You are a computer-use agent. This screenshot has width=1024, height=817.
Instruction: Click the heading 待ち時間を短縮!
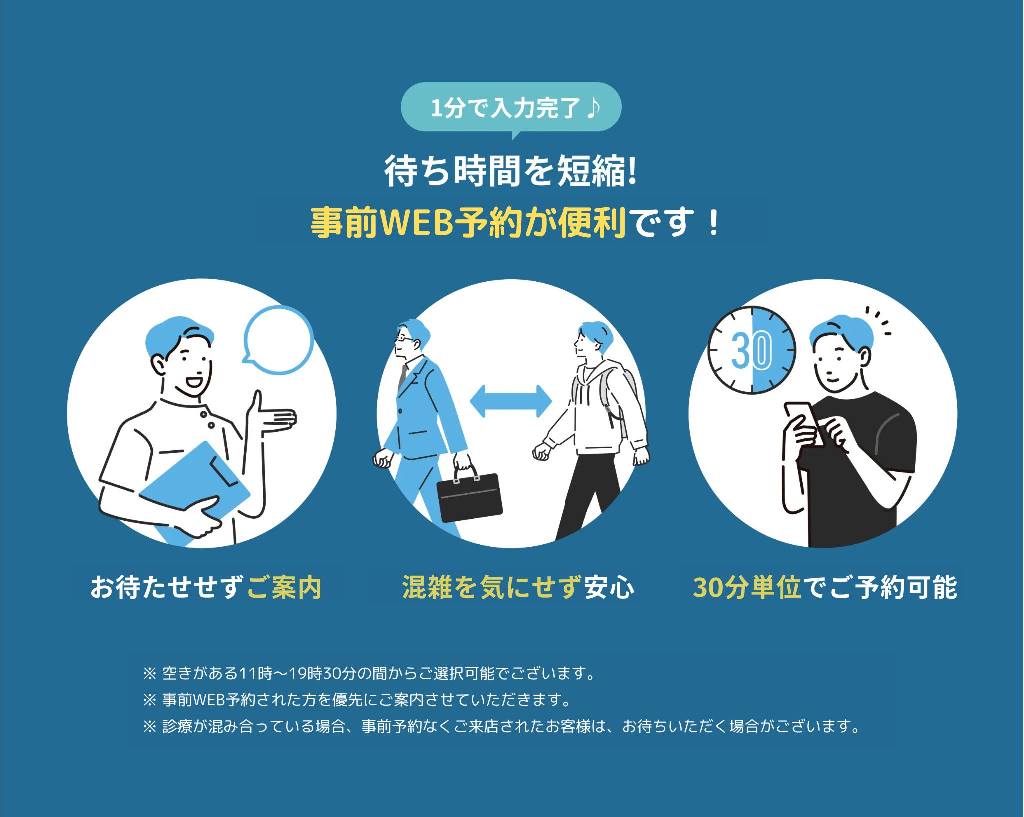pyautogui.click(x=511, y=171)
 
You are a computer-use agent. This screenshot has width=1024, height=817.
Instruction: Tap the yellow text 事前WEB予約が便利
pyautogui.click(x=468, y=223)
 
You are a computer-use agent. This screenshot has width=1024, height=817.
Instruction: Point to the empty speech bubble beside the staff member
pyautogui.click(x=279, y=340)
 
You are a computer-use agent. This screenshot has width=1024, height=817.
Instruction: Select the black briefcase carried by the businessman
pyautogui.click(x=469, y=498)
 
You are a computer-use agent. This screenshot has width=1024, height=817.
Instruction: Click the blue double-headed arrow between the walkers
pyautogui.click(x=511, y=401)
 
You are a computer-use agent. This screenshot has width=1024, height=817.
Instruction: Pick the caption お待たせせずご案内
pyautogui.click(x=205, y=587)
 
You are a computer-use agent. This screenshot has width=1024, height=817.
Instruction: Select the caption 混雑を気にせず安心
pyautogui.click(x=518, y=587)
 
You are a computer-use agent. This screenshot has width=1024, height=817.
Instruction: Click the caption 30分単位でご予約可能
pyautogui.click(x=824, y=587)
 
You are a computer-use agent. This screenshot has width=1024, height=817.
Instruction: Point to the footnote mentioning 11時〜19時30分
pyautogui.click(x=370, y=674)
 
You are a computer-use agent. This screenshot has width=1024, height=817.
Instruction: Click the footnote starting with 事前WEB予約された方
pyautogui.click(x=358, y=700)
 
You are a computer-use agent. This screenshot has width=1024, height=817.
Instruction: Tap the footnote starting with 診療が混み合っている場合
pyautogui.click(x=502, y=726)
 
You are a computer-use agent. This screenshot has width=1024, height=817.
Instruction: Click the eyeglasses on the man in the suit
pyautogui.click(x=404, y=339)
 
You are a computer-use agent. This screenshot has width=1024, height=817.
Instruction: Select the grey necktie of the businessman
pyautogui.click(x=402, y=378)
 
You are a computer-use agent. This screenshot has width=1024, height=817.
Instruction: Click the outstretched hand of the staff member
pyautogui.click(x=275, y=417)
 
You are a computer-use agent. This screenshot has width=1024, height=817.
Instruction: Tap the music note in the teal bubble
pyautogui.click(x=593, y=108)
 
